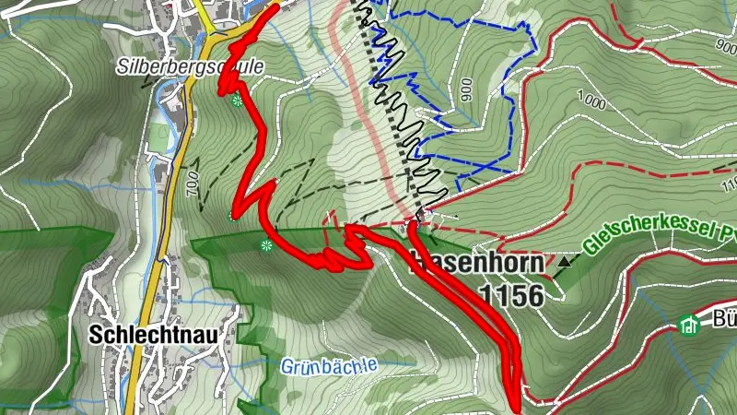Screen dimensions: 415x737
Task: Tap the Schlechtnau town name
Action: click(152, 336)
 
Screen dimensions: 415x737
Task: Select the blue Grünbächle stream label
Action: click(328, 365)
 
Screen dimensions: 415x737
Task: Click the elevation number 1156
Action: click(510, 294)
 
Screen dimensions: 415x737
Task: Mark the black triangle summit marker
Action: click(564, 263)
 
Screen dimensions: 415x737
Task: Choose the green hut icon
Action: click(687, 324)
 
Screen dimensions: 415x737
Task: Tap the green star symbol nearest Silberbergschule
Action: click(238, 101)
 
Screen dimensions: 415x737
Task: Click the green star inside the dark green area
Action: click(266, 245)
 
